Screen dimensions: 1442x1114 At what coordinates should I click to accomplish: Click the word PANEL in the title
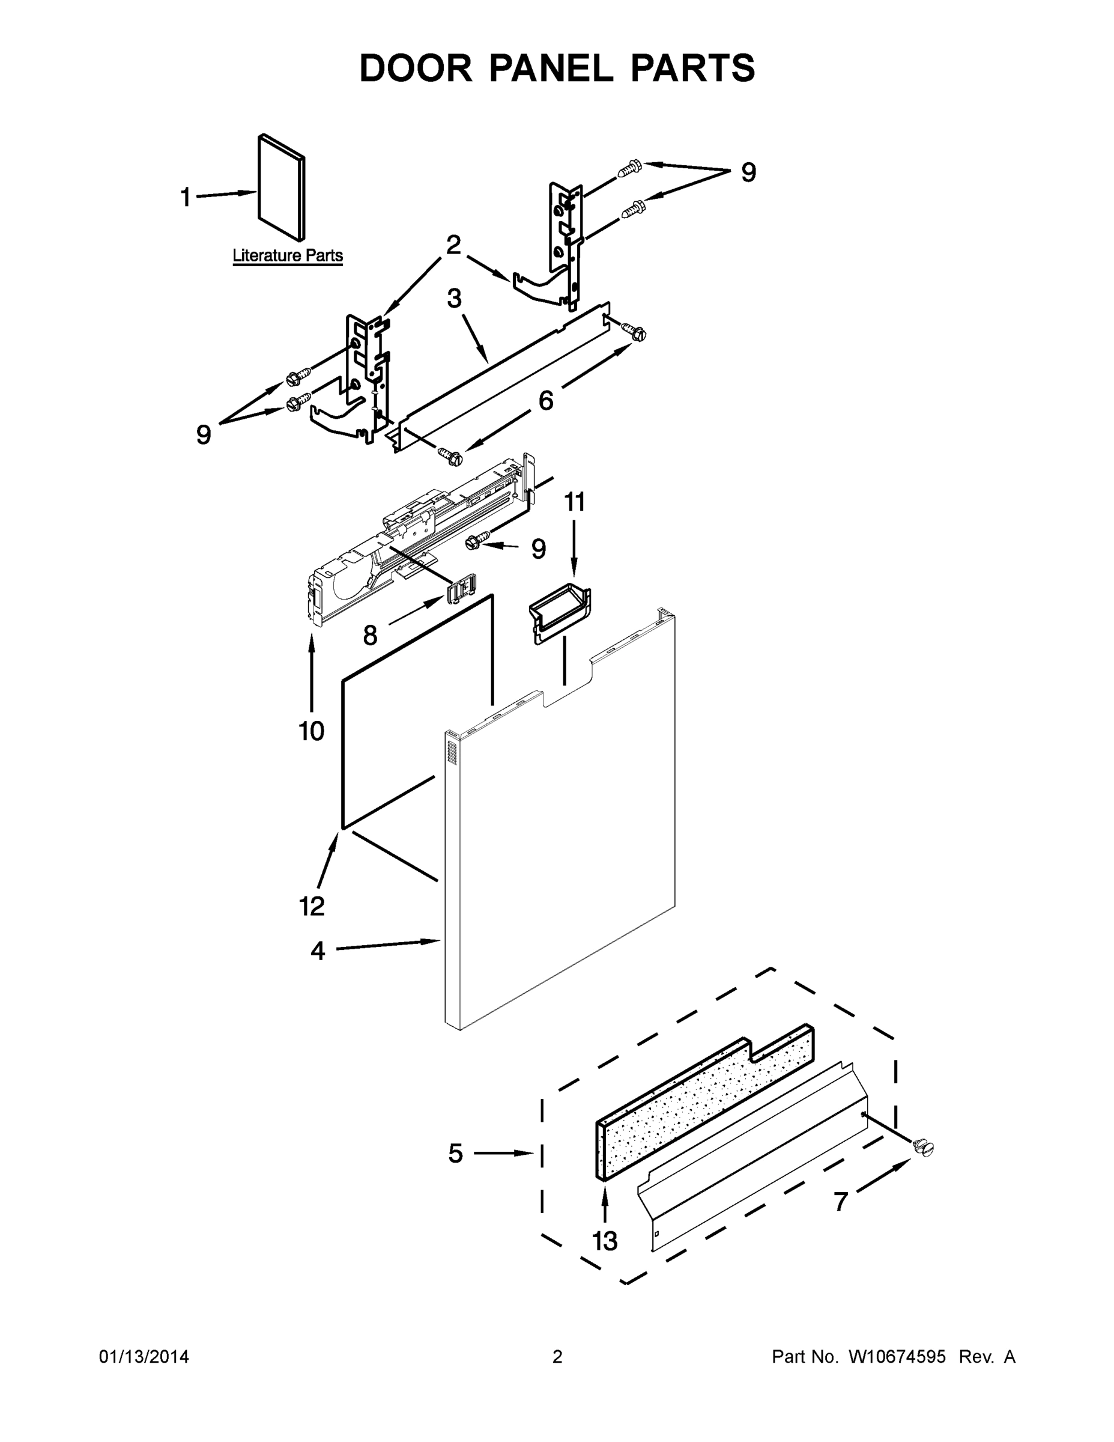click(x=551, y=68)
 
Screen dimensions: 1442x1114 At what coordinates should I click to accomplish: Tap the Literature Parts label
click(x=287, y=255)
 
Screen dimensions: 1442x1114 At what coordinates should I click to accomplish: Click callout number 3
click(x=454, y=299)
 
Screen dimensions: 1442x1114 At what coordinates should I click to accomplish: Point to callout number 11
click(x=574, y=502)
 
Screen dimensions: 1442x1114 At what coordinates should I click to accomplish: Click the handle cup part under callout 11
click(x=560, y=613)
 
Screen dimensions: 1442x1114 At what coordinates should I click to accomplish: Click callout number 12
click(x=312, y=907)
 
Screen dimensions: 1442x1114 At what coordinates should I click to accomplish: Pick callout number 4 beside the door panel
click(x=318, y=952)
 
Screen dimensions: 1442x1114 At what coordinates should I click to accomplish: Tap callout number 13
click(x=605, y=1241)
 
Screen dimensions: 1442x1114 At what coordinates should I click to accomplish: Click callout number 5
click(x=455, y=1154)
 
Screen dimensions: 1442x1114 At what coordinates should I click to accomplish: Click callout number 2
click(x=453, y=245)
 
